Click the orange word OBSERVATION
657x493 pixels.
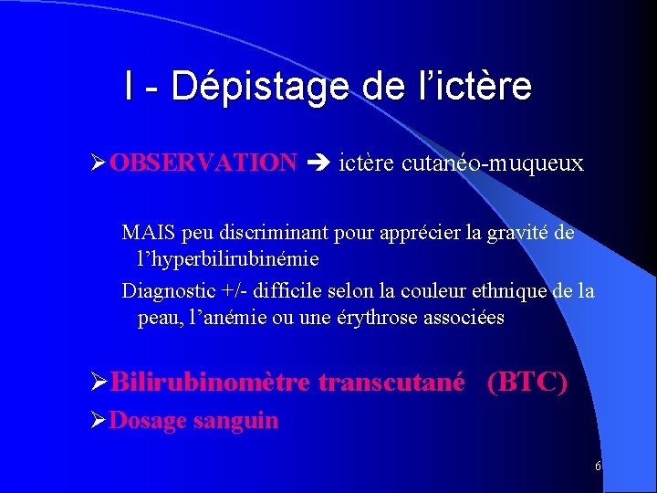tap(203, 163)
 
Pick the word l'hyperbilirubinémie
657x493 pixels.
tap(228, 259)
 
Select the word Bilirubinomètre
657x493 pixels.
tap(211, 382)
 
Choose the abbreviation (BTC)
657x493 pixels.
tap(527, 382)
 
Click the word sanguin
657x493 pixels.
tap(240, 421)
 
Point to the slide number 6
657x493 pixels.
tap(597, 467)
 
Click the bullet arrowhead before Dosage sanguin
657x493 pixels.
tap(99, 421)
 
